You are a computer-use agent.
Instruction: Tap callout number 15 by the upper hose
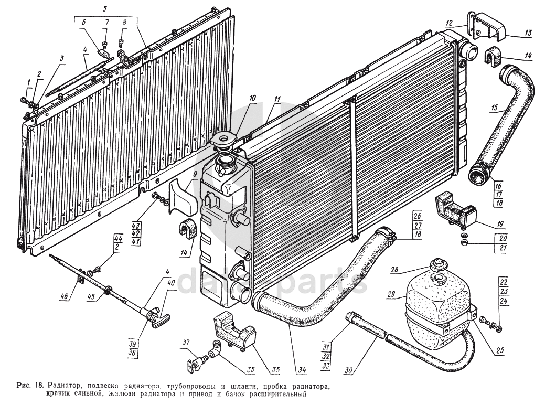click(x=494, y=109)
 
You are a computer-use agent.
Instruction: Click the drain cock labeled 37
click(x=195, y=360)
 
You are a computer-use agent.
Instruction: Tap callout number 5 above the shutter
click(x=104, y=8)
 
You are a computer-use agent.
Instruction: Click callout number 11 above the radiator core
click(x=277, y=99)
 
